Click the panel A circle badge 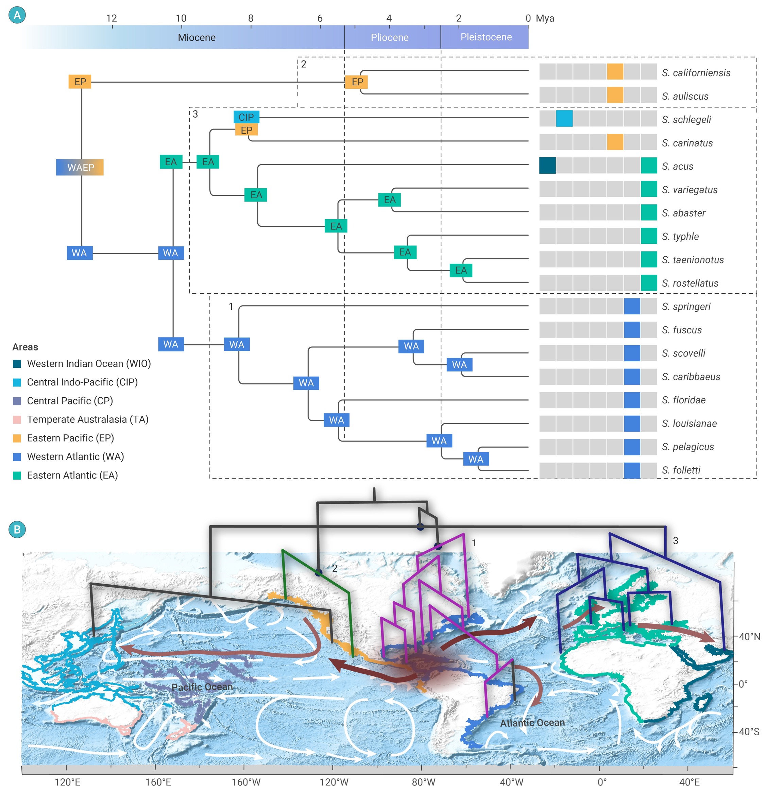tap(17, 15)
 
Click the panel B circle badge tap(17, 529)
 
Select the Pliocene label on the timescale tap(389, 37)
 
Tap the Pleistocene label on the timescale tap(486, 37)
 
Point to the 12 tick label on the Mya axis tap(111, 18)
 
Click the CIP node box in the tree tap(246, 117)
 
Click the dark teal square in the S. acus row tap(547, 166)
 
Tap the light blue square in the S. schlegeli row tap(564, 119)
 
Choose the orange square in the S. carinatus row tap(615, 142)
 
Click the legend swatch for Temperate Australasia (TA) tap(17, 419)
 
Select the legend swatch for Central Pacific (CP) tap(17, 401)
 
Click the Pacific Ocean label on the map tap(202, 687)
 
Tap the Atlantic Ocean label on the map tap(532, 723)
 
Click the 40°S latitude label tap(749, 731)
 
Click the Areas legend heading tap(25, 347)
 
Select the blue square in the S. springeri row tap(632, 306)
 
